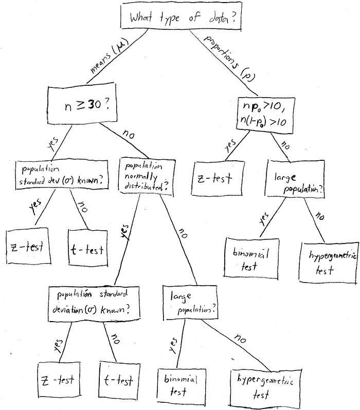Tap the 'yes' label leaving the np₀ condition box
point(229,144)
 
